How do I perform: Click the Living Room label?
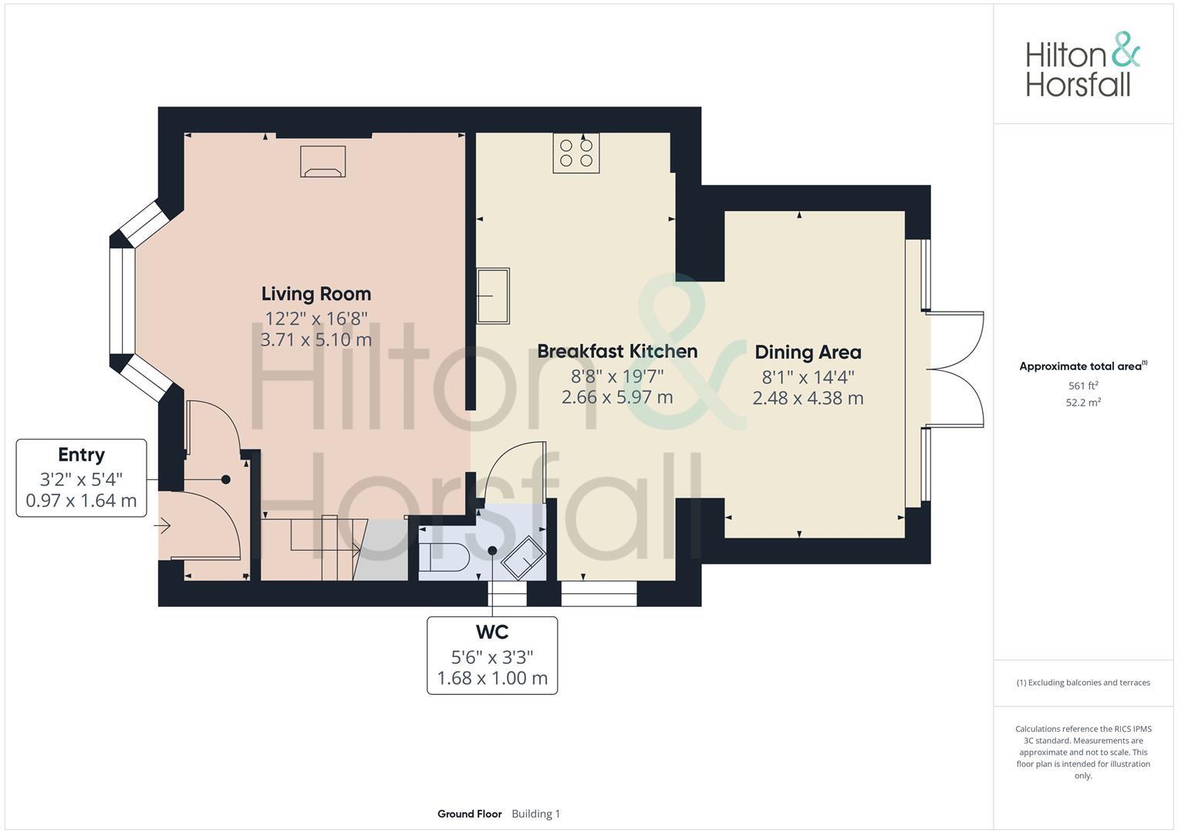(316, 294)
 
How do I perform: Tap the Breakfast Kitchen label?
(617, 351)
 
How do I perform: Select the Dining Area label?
(808, 352)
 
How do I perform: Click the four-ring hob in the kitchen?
(576, 153)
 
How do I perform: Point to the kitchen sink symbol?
(493, 295)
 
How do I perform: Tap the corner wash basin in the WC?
(524, 558)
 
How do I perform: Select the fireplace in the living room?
(322, 161)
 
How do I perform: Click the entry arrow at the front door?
(163, 527)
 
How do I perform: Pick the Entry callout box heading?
(81, 455)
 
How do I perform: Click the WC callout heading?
(492, 632)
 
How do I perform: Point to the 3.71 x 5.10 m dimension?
(316, 339)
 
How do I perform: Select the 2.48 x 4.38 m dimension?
(808, 398)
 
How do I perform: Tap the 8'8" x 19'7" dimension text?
(617, 376)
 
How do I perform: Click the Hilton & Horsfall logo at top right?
(1082, 65)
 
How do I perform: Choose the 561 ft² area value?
(1082, 386)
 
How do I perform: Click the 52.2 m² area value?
(1082, 402)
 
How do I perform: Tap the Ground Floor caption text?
(469, 814)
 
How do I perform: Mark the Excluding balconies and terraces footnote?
(1082, 683)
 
